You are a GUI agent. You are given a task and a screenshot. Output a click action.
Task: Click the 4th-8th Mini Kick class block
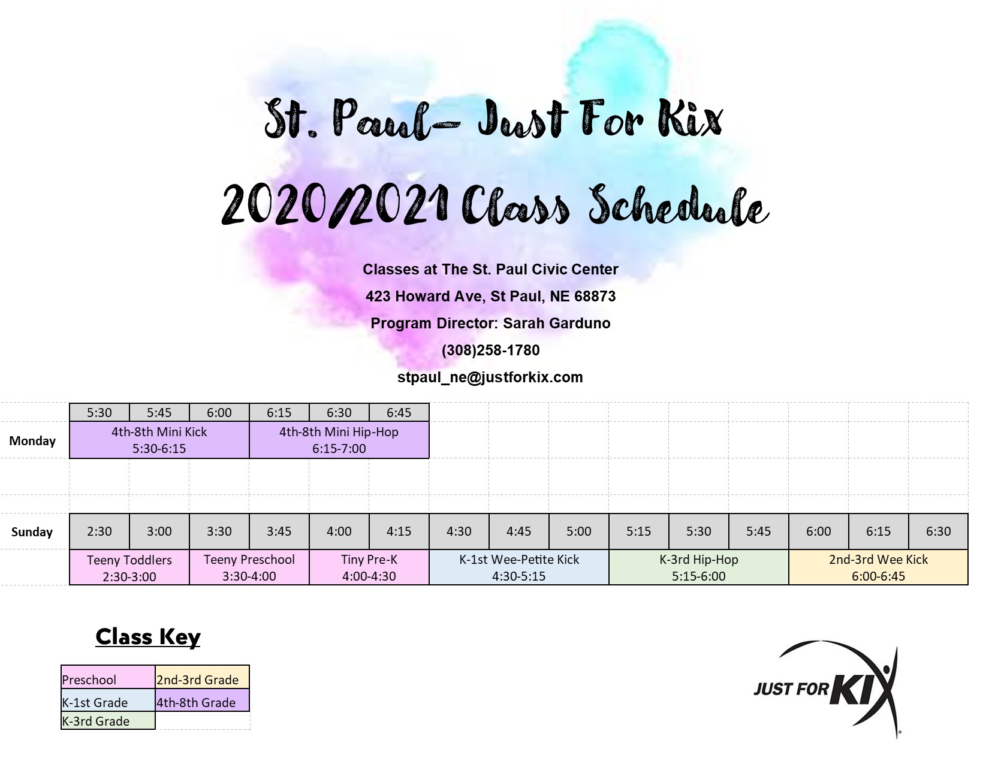(159, 440)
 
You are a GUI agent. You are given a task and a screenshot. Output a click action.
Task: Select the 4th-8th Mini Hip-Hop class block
(339, 440)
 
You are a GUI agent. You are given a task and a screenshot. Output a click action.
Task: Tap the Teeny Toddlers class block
(129, 567)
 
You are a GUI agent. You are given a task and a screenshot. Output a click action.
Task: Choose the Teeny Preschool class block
(249, 567)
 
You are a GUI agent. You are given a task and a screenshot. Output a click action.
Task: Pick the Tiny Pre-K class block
(369, 567)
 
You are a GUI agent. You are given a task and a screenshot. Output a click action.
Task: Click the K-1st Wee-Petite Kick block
(519, 567)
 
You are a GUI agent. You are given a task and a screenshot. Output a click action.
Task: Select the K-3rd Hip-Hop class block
(699, 567)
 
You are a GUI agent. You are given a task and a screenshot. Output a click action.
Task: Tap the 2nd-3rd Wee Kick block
(878, 567)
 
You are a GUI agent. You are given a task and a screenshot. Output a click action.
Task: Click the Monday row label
(32, 440)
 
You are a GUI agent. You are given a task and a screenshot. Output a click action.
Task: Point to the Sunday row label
(32, 532)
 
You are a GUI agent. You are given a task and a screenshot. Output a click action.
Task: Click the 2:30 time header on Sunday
(99, 531)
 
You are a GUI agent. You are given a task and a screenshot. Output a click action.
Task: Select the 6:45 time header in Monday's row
(399, 412)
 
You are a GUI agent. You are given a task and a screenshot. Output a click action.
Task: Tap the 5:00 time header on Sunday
(579, 531)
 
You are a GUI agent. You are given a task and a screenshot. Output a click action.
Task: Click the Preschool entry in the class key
(108, 677)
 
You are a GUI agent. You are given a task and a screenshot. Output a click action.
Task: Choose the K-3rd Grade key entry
(108, 720)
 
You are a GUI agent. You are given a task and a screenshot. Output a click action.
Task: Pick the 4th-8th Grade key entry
(203, 700)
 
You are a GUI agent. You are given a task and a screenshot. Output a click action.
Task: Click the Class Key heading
(148, 636)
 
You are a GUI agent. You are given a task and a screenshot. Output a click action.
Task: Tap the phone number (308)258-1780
(491, 350)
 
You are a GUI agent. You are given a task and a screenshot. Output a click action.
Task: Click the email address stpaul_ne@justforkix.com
(490, 378)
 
